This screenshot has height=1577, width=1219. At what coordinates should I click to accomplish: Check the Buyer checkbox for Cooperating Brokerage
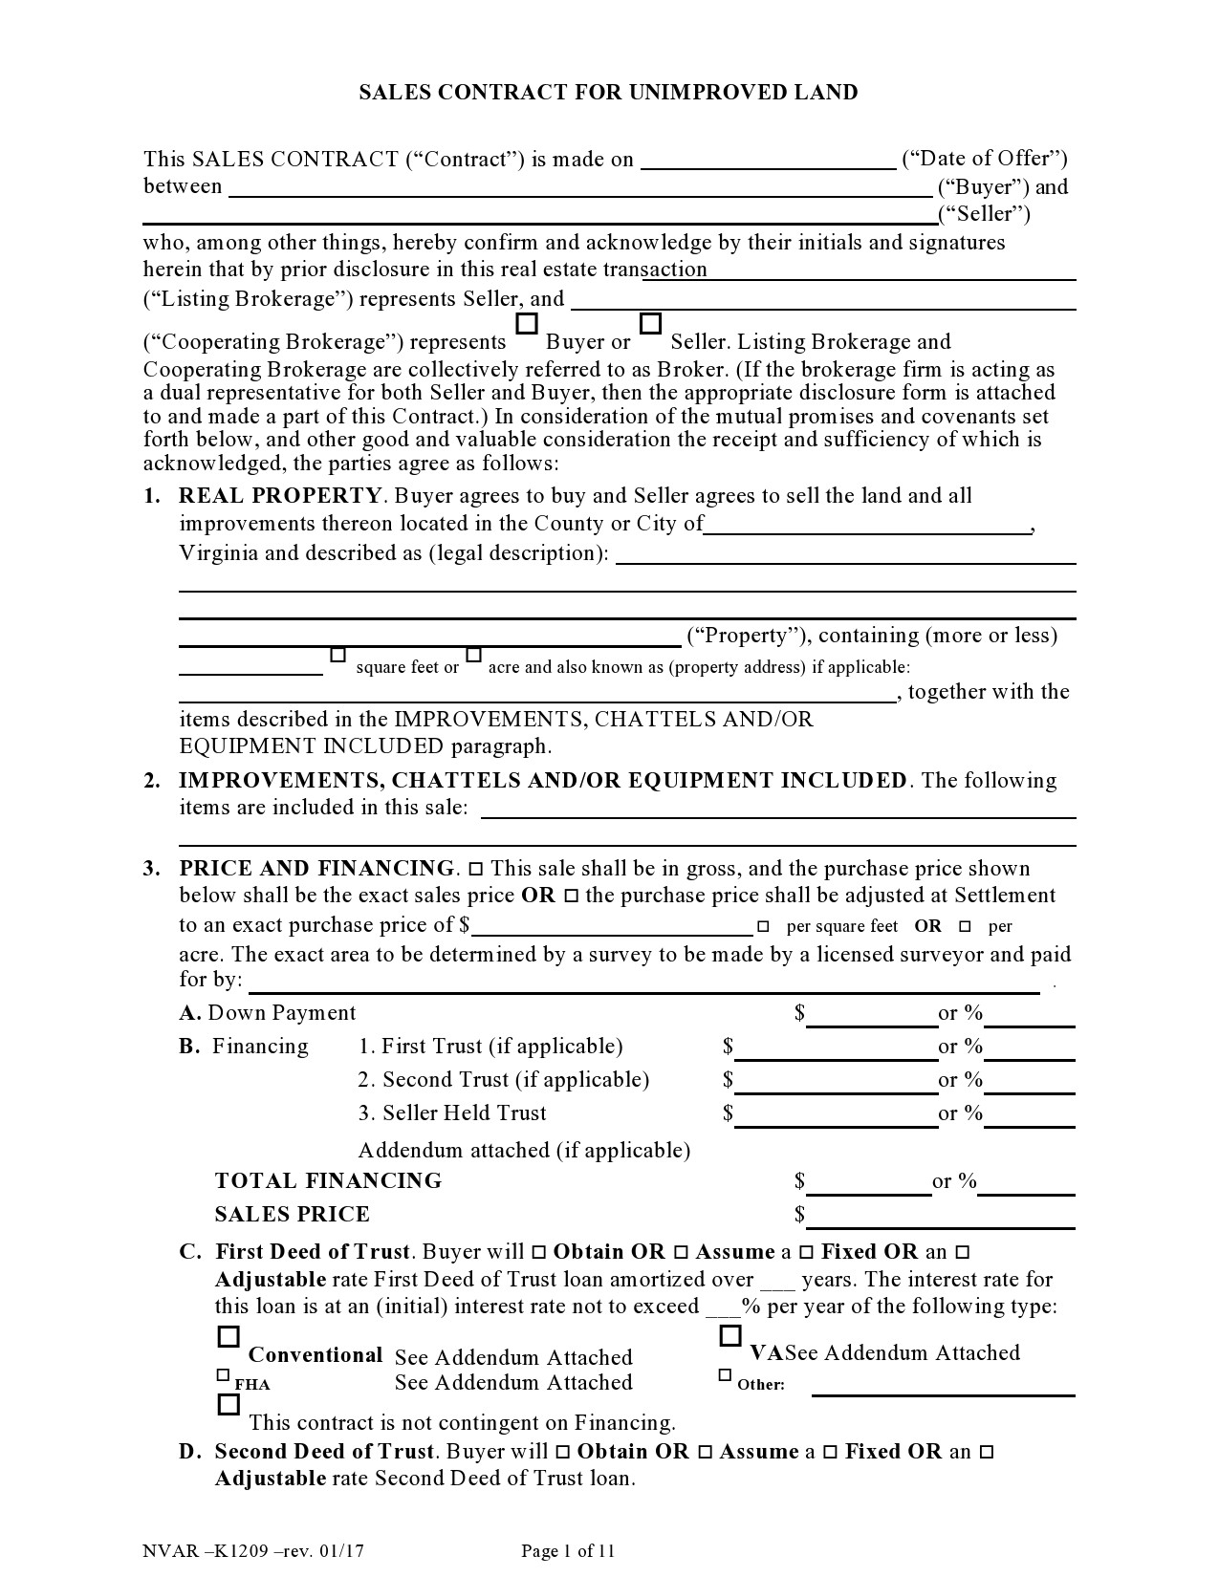coord(526,325)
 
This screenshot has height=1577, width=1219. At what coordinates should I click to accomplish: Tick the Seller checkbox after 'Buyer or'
coord(650,325)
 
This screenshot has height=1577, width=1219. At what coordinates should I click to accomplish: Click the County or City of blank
coord(867,526)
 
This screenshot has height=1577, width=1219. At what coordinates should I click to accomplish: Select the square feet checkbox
coord(337,656)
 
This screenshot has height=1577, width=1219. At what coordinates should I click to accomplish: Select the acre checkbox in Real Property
coord(473,656)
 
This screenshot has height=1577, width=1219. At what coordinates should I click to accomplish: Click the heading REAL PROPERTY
coord(280,495)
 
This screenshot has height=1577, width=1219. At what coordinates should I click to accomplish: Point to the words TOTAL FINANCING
coord(328,1180)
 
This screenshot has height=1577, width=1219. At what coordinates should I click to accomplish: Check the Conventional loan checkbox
coord(229,1336)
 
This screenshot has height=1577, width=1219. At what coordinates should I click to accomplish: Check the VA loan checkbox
coord(730,1335)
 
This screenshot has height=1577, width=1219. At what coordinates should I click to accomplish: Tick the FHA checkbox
coord(223,1375)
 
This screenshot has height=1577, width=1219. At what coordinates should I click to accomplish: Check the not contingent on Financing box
coord(229,1404)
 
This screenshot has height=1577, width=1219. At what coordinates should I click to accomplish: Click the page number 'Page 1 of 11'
coord(568,1551)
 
